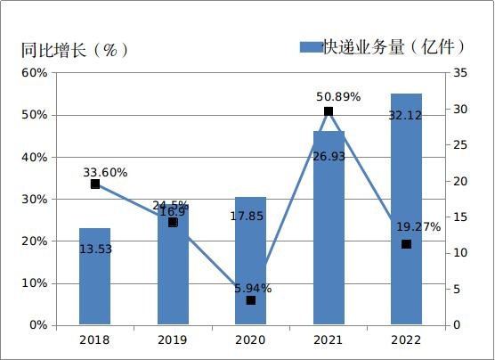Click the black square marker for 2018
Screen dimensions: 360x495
pos(95,184)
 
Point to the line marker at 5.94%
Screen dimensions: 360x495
pos(251,300)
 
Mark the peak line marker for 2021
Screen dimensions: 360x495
pos(329,111)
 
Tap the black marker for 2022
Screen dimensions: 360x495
pos(406,244)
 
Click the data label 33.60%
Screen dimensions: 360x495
pos(105,172)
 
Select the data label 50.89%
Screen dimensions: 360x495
pos(338,96)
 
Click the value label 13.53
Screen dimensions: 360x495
pos(95,250)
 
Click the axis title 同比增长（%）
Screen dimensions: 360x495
pos(75,50)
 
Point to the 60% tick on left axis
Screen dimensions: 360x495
pos(34,73)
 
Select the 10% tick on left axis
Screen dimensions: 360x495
pos(34,283)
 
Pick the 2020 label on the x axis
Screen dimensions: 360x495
pos(250,340)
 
